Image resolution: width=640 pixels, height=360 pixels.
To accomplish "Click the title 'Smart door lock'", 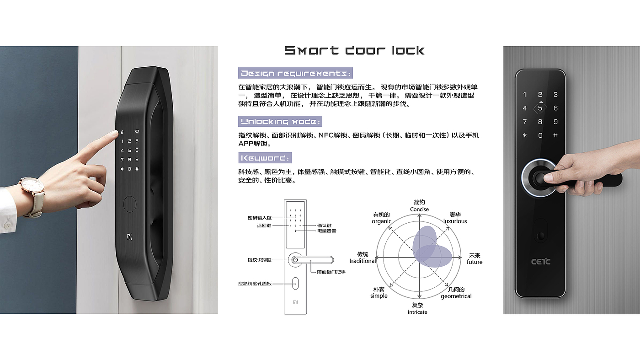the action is click(x=354, y=50).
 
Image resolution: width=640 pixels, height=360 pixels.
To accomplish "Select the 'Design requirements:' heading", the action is click(x=296, y=73).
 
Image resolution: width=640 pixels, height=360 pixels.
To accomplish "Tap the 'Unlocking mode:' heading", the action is click(x=280, y=122).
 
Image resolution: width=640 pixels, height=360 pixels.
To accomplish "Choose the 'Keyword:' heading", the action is click(x=265, y=158).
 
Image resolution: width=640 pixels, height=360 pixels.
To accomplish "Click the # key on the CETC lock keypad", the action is click(x=555, y=135).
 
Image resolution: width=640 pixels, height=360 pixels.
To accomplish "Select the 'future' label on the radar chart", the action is click(x=475, y=262).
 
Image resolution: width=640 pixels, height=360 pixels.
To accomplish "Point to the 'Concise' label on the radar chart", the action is click(x=419, y=210).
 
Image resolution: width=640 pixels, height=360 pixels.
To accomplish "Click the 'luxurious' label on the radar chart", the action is click(x=455, y=221).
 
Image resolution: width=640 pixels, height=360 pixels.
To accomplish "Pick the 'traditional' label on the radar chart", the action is click(x=363, y=261).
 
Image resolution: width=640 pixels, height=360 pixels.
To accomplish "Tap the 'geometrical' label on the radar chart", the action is click(x=456, y=296).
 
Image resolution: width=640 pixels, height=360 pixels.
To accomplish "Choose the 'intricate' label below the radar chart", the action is click(x=417, y=312).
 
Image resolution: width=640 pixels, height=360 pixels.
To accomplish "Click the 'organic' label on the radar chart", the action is click(x=381, y=221).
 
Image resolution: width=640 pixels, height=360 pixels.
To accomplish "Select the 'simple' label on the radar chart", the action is click(x=379, y=296).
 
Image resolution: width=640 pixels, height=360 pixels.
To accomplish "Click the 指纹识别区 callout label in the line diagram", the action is click(x=259, y=260).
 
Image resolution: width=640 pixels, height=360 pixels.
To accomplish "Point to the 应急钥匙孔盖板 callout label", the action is click(x=255, y=284).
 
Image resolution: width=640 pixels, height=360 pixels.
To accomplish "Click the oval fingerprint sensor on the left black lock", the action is click(x=129, y=203).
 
